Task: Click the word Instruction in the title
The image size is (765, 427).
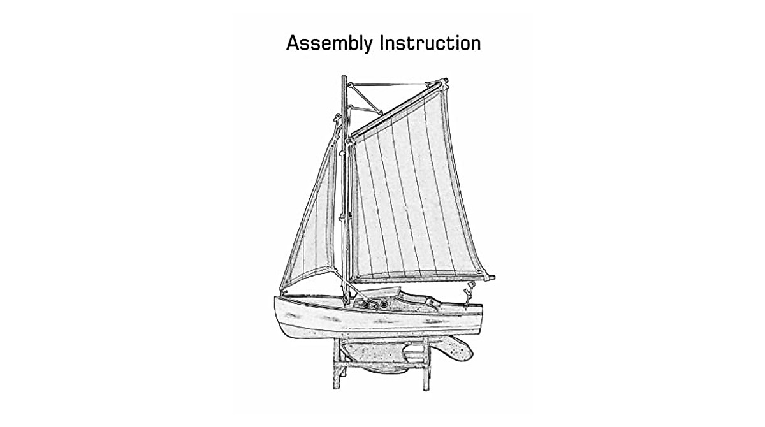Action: click(430, 43)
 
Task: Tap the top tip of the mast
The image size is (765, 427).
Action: click(344, 78)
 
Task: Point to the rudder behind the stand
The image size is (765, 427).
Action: click(456, 349)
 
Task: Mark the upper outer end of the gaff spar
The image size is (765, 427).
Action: click(444, 81)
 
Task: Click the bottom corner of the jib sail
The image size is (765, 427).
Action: click(282, 288)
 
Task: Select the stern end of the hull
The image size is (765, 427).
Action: click(481, 312)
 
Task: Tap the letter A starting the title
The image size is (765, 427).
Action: click(293, 43)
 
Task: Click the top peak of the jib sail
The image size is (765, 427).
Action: click(338, 119)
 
